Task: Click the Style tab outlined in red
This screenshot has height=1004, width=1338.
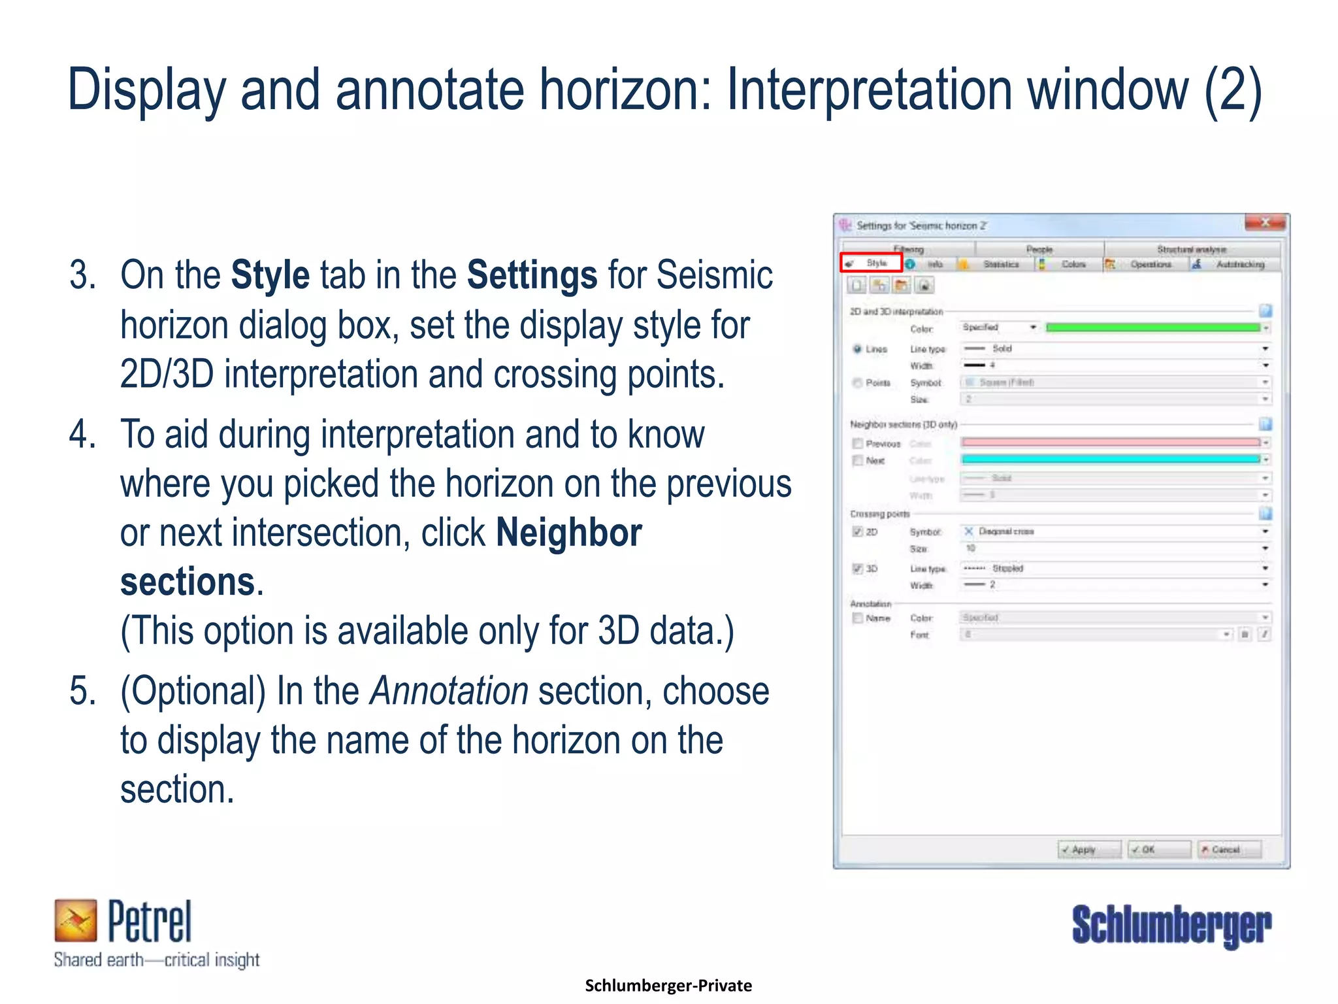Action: tap(872, 263)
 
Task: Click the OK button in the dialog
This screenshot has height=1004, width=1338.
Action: tap(1159, 849)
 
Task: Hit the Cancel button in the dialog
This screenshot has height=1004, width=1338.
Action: tap(1228, 849)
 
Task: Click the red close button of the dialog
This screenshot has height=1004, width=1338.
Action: tap(1265, 223)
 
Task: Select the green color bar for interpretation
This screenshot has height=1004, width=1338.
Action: tap(1152, 327)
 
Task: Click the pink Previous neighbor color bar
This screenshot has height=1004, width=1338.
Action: tap(1111, 443)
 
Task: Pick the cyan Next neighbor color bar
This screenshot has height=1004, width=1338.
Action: tap(1111, 460)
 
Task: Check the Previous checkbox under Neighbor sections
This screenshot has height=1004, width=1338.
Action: tap(858, 443)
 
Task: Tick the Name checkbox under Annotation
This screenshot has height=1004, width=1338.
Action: tap(858, 618)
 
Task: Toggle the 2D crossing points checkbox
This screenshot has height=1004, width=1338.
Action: tap(858, 531)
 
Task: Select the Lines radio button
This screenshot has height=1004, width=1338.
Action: tap(857, 349)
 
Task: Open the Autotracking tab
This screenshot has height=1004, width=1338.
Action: tap(1239, 264)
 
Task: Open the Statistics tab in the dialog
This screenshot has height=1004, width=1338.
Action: tap(1000, 264)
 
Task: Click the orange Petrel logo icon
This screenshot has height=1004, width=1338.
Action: tap(76, 920)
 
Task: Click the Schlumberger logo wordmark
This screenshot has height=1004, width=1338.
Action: tap(1171, 925)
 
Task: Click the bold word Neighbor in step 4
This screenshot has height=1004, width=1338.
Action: tap(568, 533)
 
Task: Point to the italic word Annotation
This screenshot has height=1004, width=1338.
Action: tap(449, 691)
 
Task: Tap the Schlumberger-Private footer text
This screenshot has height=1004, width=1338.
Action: tap(668, 985)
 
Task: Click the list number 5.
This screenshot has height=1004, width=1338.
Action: tap(82, 691)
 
